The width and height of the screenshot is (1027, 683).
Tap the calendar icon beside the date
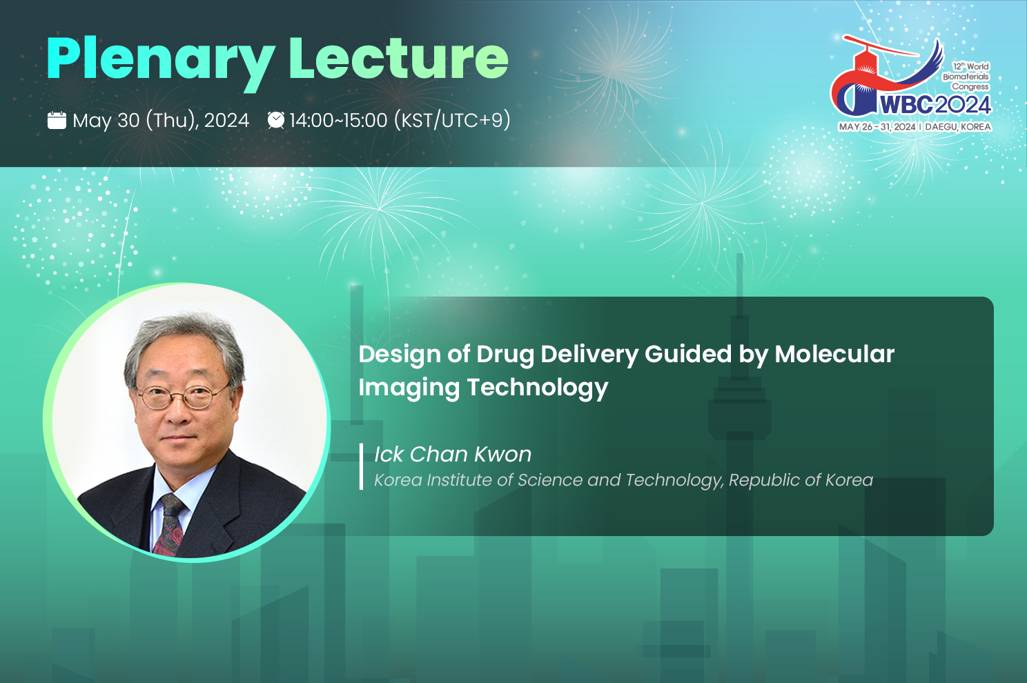(x=57, y=120)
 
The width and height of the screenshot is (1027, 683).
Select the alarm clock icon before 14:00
(x=276, y=120)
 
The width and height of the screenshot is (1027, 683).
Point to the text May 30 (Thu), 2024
(x=161, y=121)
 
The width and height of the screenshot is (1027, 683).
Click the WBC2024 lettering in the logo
(x=935, y=105)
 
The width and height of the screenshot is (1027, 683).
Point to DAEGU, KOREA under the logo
(x=958, y=127)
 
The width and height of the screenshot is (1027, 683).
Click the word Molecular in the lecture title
(x=834, y=354)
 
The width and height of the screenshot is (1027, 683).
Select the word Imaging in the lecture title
(x=409, y=388)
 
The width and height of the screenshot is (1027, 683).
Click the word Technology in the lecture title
(x=538, y=388)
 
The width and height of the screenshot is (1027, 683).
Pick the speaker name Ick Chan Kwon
(x=453, y=454)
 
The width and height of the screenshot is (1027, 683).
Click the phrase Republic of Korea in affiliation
(x=801, y=480)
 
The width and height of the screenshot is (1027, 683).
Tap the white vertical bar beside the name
(x=361, y=466)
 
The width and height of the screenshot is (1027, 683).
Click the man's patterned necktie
(x=169, y=525)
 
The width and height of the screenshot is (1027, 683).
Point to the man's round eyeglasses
(x=184, y=396)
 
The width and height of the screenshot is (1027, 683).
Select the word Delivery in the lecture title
(x=589, y=355)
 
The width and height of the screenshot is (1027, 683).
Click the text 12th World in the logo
(x=970, y=66)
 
